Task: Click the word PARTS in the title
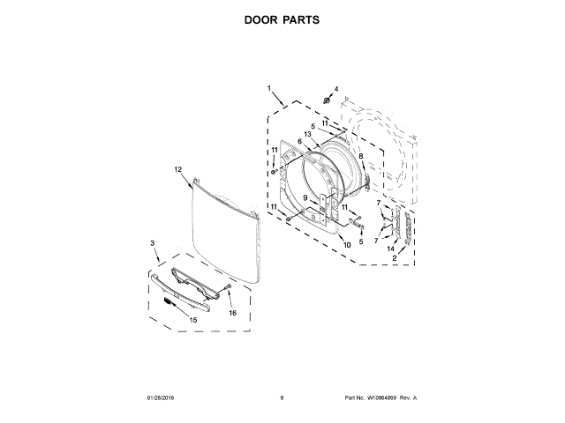(300, 19)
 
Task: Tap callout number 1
(270, 89)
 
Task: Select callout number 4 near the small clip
(335, 89)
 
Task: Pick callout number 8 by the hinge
(361, 156)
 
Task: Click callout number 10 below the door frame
(347, 244)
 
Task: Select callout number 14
(390, 249)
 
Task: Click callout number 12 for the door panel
(177, 168)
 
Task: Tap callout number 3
(152, 242)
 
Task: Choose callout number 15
(193, 319)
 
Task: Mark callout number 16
(233, 312)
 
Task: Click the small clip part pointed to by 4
(328, 101)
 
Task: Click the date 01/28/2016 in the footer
(162, 398)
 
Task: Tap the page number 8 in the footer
(282, 398)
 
